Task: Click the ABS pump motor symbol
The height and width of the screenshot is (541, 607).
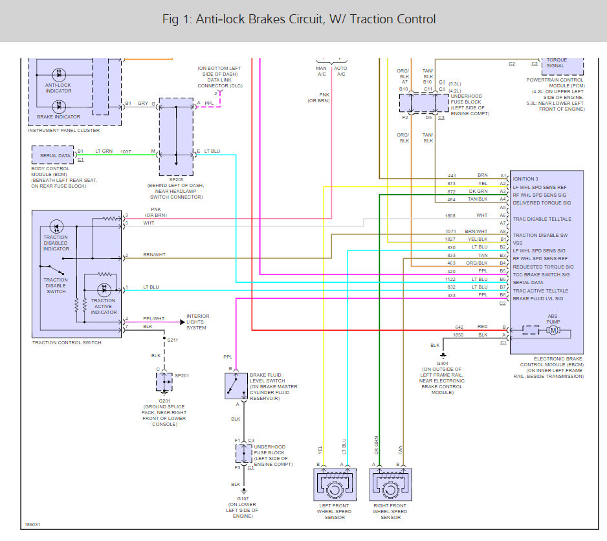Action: click(x=553, y=330)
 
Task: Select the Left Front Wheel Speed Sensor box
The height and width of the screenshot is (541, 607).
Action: click(x=335, y=485)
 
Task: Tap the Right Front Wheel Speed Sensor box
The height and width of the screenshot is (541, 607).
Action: click(x=391, y=485)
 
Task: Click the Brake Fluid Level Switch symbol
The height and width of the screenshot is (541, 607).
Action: click(x=236, y=386)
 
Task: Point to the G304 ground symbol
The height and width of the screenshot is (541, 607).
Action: click(x=443, y=355)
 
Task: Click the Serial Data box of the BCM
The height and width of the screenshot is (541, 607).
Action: click(x=53, y=155)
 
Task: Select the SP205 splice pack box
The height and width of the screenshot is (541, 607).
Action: click(x=176, y=137)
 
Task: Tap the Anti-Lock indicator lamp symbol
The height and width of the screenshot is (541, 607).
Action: click(x=59, y=74)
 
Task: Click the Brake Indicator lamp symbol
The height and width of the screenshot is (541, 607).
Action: click(x=59, y=106)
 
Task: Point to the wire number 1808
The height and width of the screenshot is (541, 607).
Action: click(x=450, y=215)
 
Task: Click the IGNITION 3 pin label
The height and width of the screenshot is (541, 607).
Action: click(x=525, y=179)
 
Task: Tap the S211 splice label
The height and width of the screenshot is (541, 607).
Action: click(x=173, y=340)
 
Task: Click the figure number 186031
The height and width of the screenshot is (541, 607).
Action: click(x=32, y=525)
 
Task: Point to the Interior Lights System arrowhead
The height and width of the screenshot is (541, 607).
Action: click(x=182, y=322)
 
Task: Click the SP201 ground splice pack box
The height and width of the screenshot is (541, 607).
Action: click(x=164, y=382)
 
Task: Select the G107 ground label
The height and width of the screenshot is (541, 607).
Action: click(x=243, y=498)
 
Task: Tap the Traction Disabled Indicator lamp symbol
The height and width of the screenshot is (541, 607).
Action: click(x=56, y=226)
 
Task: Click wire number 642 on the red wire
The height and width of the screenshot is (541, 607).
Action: click(x=459, y=327)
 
